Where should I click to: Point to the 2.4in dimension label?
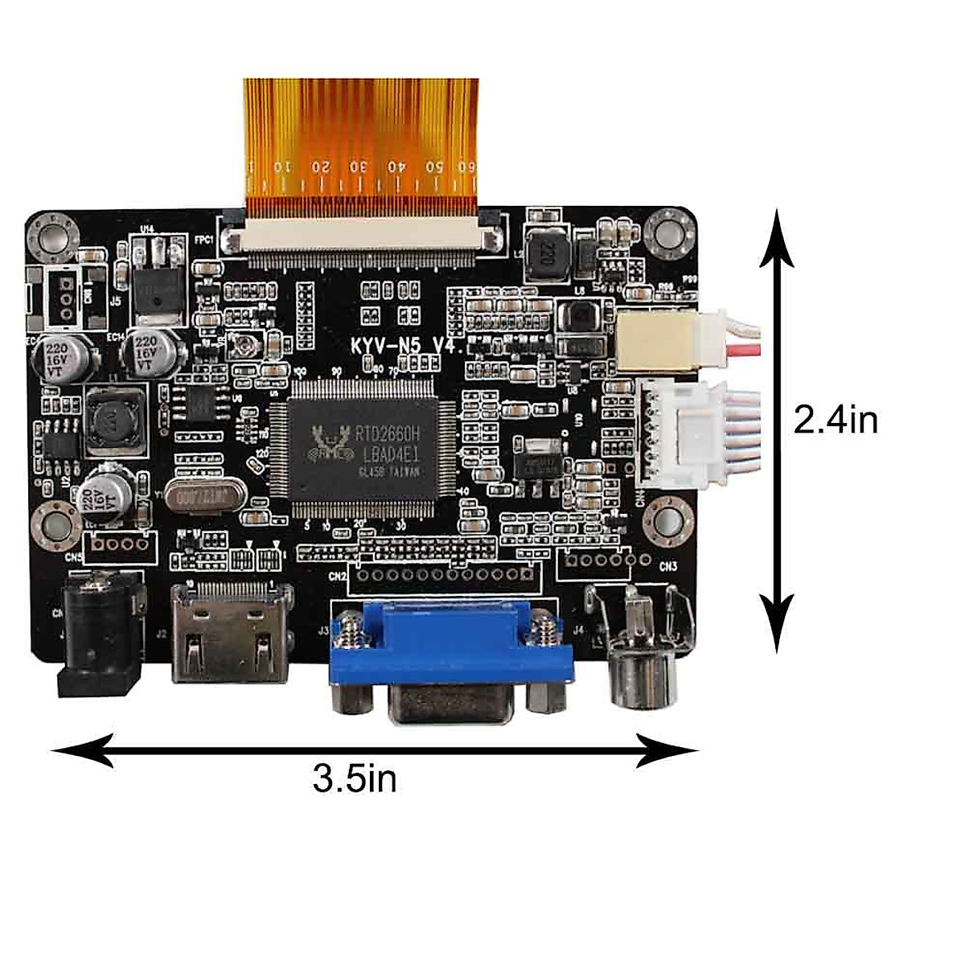[836, 420]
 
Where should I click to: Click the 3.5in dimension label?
[355, 778]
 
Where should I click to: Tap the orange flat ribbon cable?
[361, 137]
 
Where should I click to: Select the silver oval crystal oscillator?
[196, 498]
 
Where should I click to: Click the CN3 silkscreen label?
[668, 566]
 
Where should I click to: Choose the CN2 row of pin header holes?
[445, 574]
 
